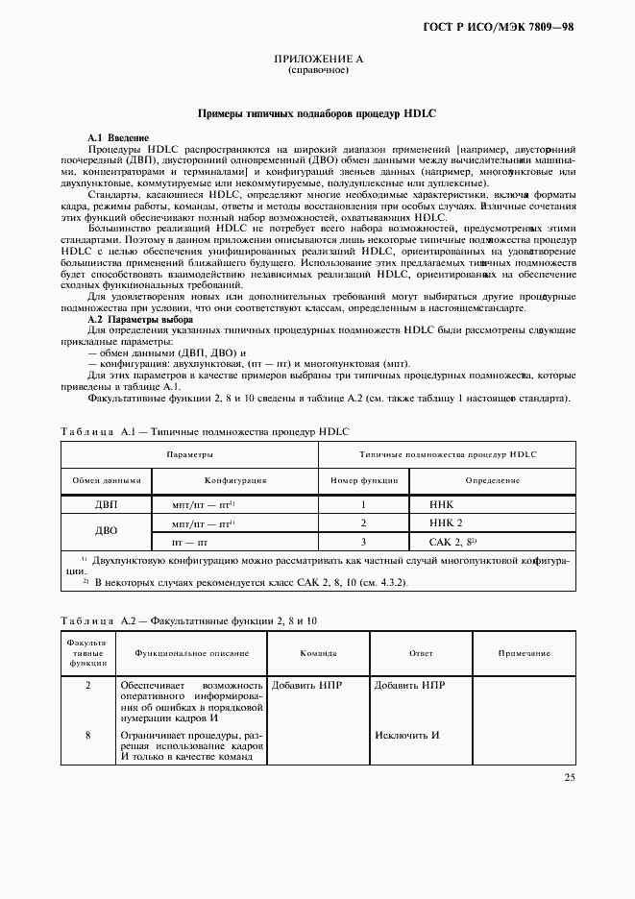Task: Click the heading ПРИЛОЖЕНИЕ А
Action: pos(317,60)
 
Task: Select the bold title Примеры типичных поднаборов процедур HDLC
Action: pos(316,112)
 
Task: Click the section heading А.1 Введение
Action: pos(118,138)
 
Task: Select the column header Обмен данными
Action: pos(106,480)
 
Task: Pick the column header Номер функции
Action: pos(364,480)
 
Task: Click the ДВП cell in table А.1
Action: pos(106,504)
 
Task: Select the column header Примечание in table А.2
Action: pos(525,653)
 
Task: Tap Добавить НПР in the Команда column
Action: pos(306,686)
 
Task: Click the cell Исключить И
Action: pos(407,735)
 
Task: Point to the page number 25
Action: pos(570,777)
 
